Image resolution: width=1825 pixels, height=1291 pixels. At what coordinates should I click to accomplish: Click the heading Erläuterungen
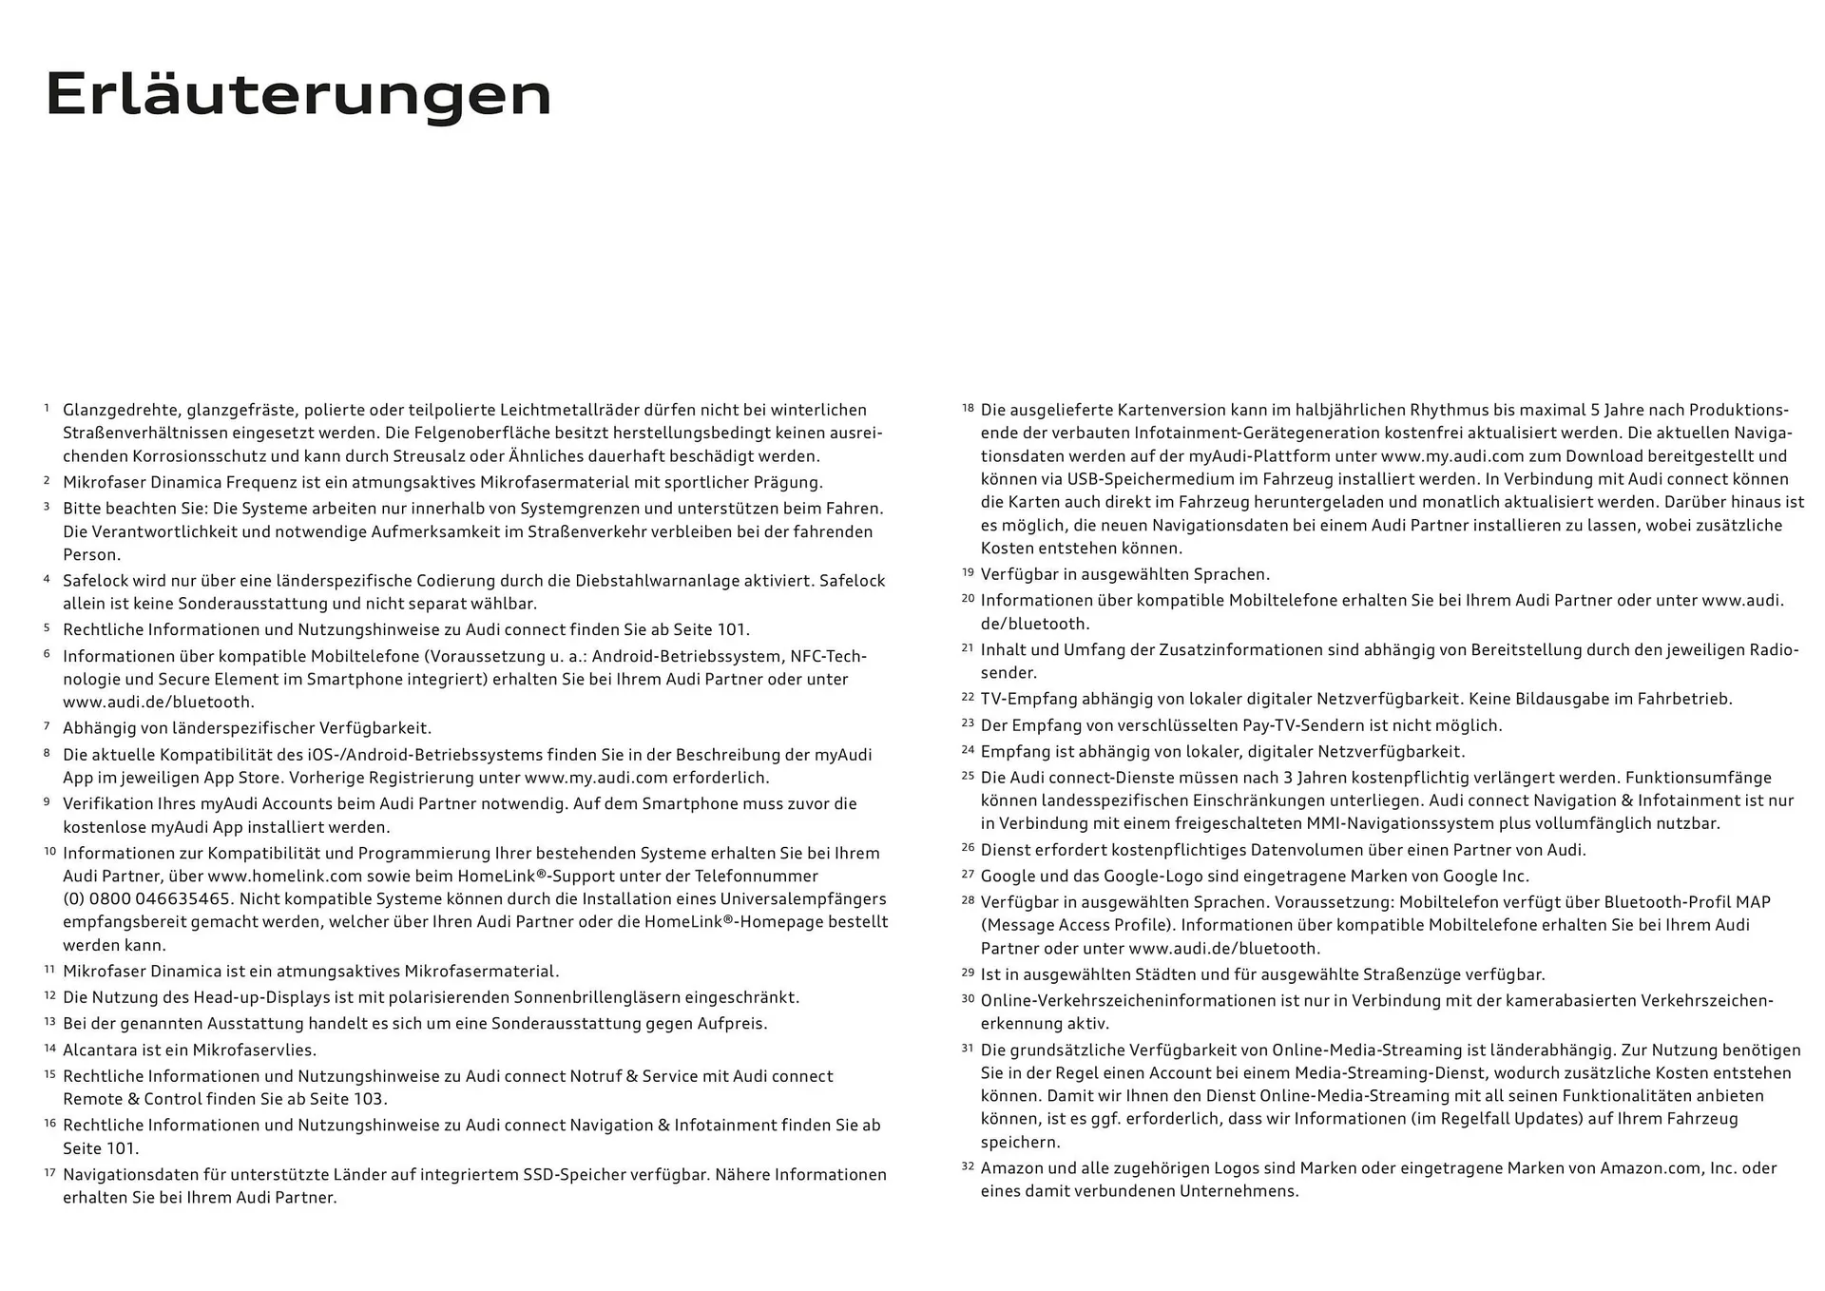[x=298, y=95]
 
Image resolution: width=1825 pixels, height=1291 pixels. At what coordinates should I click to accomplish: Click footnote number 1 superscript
[x=47, y=407]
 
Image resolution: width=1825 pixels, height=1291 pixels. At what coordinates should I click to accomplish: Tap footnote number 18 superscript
[x=968, y=407]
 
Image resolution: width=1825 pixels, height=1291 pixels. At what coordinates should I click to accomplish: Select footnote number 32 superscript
[x=968, y=1166]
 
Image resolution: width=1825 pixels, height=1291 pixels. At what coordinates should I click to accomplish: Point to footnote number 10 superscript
[x=50, y=851]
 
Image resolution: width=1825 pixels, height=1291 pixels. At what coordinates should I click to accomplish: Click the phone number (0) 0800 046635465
[x=146, y=899]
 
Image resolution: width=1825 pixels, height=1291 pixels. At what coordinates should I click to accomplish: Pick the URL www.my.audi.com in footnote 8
[x=596, y=778]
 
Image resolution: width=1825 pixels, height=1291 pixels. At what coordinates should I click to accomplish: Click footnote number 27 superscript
[x=968, y=874]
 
